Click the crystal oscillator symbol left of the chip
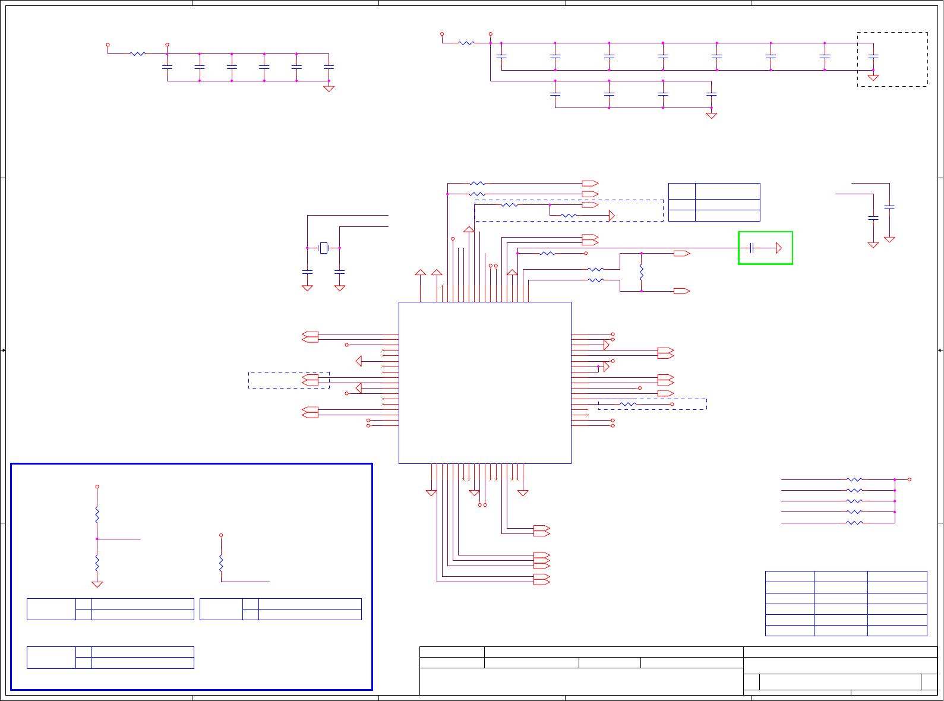(324, 248)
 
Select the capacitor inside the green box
(752, 248)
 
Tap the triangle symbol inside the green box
(779, 248)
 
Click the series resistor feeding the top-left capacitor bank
(137, 53)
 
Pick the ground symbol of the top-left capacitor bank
(329, 89)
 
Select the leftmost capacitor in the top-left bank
(167, 67)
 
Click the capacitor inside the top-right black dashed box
(873, 56)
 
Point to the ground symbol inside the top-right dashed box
(873, 77)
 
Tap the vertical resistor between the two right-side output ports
(642, 273)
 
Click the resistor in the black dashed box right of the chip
(628, 404)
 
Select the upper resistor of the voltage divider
(97, 514)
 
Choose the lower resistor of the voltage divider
(97, 562)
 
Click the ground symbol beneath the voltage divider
(97, 584)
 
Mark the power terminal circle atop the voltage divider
(97, 487)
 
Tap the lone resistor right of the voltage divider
(221, 563)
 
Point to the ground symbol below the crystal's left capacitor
(307, 288)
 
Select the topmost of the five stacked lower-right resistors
(854, 479)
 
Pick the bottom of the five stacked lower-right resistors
(854, 523)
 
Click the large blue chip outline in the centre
(485, 383)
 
